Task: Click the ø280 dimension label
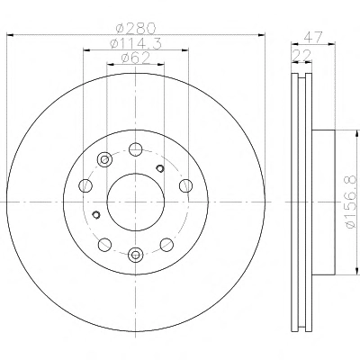pyautogui.click(x=136, y=29)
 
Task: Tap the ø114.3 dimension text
pyautogui.click(x=136, y=44)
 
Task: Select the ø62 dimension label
pyautogui.click(x=136, y=58)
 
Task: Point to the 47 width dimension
pyautogui.click(x=313, y=37)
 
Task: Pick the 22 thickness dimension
pyautogui.click(x=302, y=55)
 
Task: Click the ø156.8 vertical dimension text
pyautogui.click(x=350, y=202)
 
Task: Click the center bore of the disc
pyautogui.click(x=136, y=202)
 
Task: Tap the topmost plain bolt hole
pyautogui.click(x=136, y=149)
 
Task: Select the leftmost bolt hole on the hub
pyautogui.click(x=85, y=185)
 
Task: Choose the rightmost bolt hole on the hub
pyautogui.click(x=186, y=185)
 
